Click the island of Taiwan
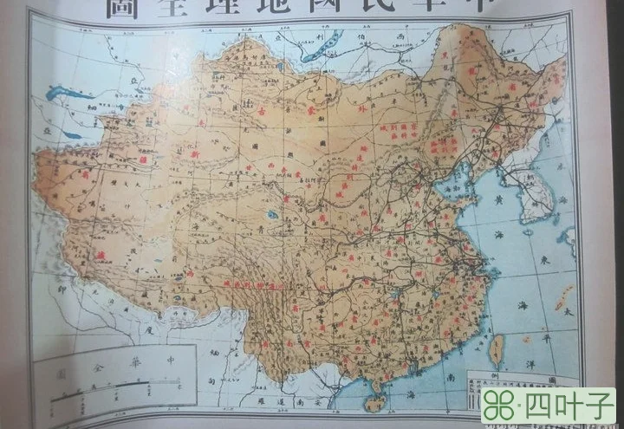497,349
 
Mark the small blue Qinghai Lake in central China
273,213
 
